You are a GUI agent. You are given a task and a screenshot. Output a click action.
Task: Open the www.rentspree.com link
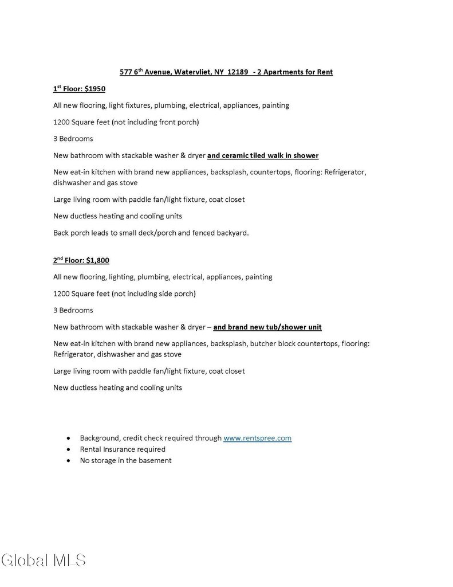pos(257,438)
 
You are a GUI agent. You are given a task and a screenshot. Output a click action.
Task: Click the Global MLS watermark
pos(44,560)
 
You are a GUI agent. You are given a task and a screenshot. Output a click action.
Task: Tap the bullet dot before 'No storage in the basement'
pos(69,460)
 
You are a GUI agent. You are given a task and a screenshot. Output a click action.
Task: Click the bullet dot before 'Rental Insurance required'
pos(69,449)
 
